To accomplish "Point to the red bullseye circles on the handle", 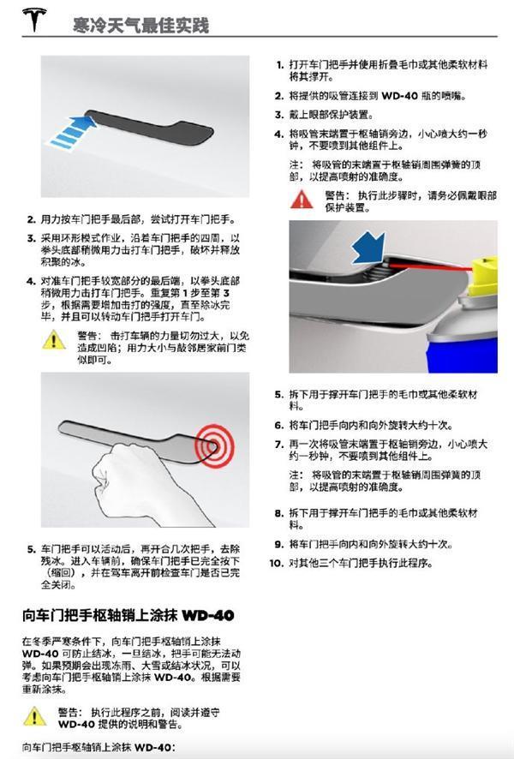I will tap(208, 446).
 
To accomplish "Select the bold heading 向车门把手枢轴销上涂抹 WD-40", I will tap(128, 616).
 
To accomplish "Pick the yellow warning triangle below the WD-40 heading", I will tap(33, 717).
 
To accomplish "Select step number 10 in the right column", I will tap(276, 563).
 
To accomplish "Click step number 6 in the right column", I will tap(278, 425).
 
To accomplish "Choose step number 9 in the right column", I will tap(278, 544).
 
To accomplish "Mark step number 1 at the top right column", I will tap(278, 64).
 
